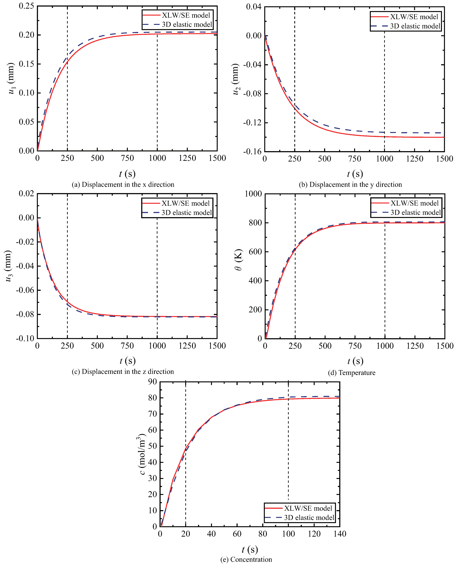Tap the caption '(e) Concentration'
246,559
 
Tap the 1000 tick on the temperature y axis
253,194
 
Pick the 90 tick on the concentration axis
152,382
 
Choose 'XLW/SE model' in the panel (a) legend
186,15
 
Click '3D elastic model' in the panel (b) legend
415,26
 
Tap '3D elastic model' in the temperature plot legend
415,212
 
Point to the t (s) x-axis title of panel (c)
127,361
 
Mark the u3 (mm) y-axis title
8,266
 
